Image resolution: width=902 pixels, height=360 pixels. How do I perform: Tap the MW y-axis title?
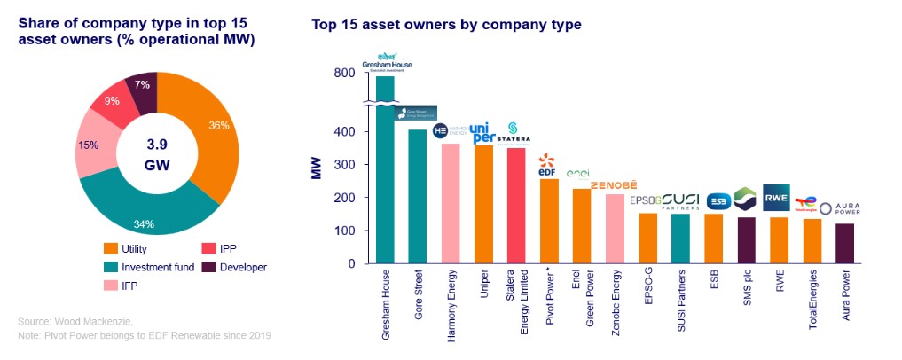(316, 168)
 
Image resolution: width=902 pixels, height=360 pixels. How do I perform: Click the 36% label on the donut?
(218, 125)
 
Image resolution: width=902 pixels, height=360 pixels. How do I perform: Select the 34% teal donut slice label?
(143, 223)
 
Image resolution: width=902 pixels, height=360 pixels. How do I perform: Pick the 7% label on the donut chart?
(143, 84)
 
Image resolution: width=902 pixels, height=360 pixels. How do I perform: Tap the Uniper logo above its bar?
(484, 132)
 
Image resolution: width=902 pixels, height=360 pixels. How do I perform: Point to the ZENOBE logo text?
(614, 184)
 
